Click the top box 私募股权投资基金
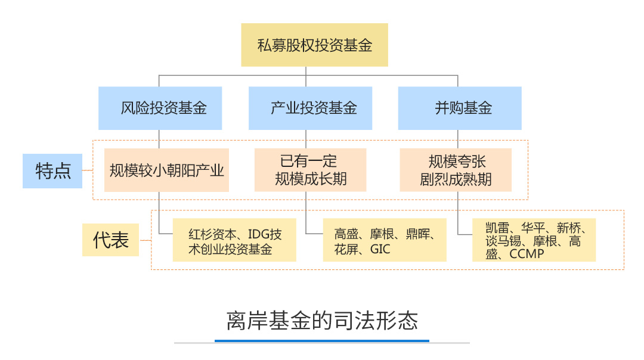pyautogui.click(x=314, y=45)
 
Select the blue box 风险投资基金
pyautogui.click(x=160, y=108)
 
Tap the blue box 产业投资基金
pyautogui.click(x=310, y=108)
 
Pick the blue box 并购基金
pyautogui.click(x=460, y=108)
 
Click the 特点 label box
pyautogui.click(x=52, y=171)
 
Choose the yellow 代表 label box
pyautogui.click(x=110, y=240)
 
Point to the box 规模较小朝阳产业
pyautogui.click(x=166, y=170)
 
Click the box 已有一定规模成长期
pyautogui.click(x=310, y=170)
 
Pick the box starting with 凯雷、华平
pyautogui.click(x=534, y=241)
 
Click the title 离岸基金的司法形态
pyautogui.click(x=322, y=321)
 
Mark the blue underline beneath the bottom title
pyautogui.click(x=322, y=341)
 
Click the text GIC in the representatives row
pyautogui.click(x=380, y=249)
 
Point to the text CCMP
pyautogui.click(x=527, y=255)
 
